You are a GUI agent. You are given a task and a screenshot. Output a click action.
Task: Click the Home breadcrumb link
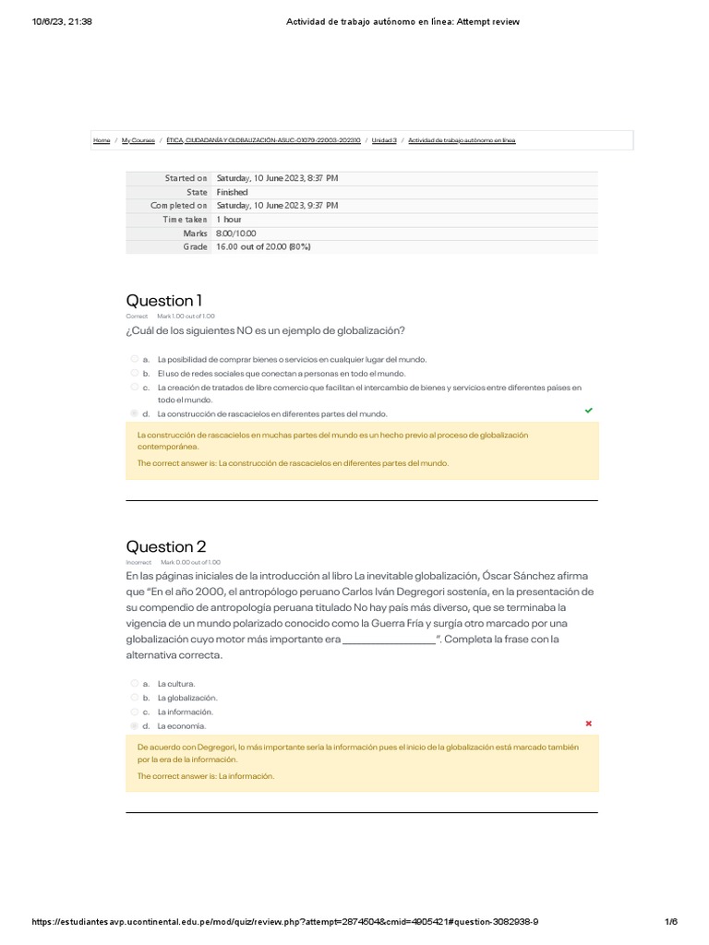(x=102, y=140)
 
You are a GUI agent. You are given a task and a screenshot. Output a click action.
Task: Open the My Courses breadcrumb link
(x=138, y=140)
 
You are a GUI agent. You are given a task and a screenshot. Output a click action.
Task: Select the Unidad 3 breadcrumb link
(x=383, y=140)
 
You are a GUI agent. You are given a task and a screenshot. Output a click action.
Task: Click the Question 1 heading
(x=163, y=301)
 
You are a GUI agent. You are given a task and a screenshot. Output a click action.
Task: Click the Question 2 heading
(x=165, y=546)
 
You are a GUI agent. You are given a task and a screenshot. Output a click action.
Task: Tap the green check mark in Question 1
(x=589, y=410)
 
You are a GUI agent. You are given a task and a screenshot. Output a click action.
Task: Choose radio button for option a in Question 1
(x=135, y=359)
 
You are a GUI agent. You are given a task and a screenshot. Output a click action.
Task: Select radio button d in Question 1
(x=135, y=413)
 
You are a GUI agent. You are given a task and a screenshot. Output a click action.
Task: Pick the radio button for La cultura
(x=135, y=684)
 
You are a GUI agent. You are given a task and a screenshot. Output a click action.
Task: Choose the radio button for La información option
(x=135, y=712)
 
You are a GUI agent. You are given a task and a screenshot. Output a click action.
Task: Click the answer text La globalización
(x=187, y=698)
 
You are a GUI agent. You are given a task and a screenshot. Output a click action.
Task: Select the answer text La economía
(x=181, y=726)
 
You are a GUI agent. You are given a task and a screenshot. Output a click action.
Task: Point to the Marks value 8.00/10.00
(x=236, y=233)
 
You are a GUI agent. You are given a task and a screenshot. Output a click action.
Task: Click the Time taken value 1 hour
(x=229, y=220)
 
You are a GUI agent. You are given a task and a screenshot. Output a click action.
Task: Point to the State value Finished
(x=232, y=192)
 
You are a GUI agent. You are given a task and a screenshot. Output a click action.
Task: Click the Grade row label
(x=195, y=247)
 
